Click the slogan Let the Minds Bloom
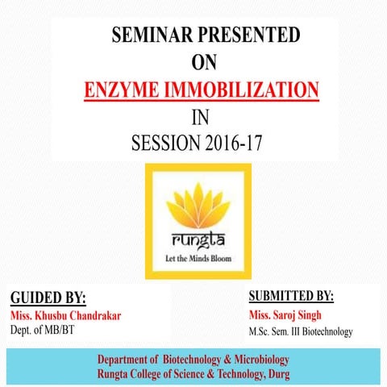(x=197, y=259)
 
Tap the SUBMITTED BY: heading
(x=291, y=295)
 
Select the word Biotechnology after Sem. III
(x=324, y=331)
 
